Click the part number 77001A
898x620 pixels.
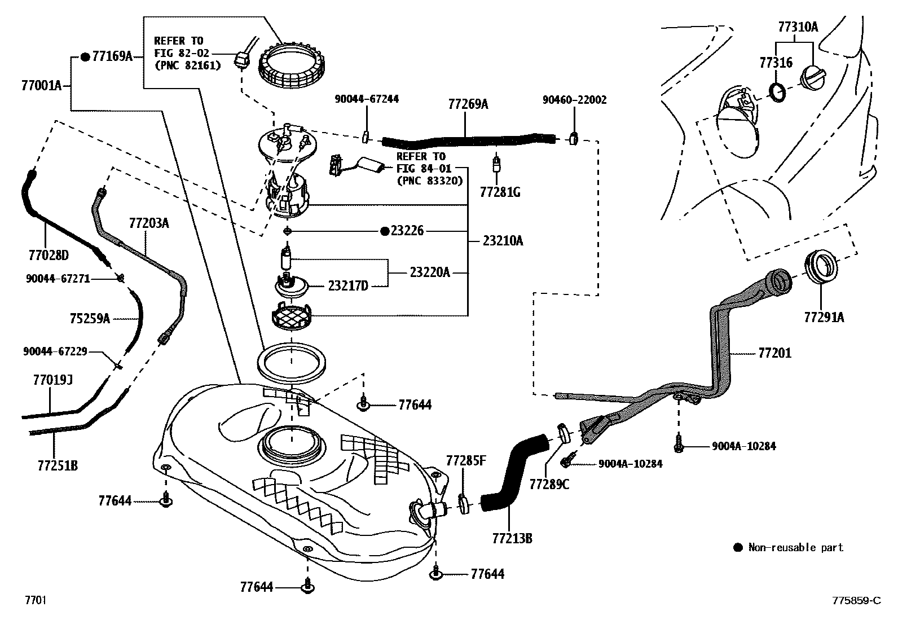pos(41,86)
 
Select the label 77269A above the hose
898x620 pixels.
pos(468,104)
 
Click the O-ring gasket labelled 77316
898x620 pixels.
pos(778,93)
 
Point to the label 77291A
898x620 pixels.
pos(824,318)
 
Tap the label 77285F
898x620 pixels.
pos(465,460)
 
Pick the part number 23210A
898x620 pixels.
pos(503,241)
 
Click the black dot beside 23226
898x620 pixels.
pos(384,231)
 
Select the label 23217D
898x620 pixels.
pos(348,287)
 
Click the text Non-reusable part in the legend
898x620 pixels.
pos(795,547)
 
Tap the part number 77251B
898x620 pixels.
pos(58,466)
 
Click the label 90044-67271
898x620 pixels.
pos(58,278)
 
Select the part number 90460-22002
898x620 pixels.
pos(574,100)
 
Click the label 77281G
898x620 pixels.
pos(500,193)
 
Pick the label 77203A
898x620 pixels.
pos(149,223)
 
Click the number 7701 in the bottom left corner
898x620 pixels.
pos(34,600)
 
